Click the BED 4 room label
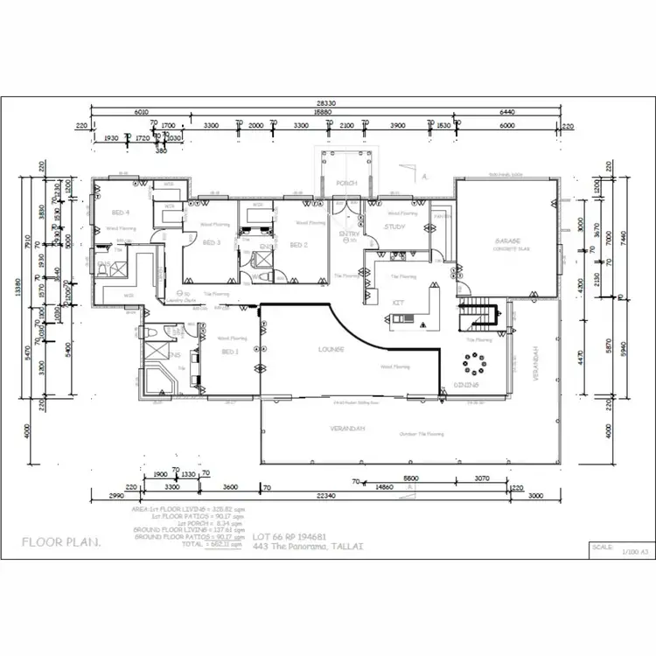tap(121, 213)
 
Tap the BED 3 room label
tap(213, 242)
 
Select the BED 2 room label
tap(298, 245)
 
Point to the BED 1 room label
tap(230, 352)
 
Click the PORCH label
tap(346, 183)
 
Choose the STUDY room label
tap(394, 227)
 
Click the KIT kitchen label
tap(398, 302)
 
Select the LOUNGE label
tap(331, 349)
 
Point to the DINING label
tap(464, 385)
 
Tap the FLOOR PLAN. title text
tap(61, 542)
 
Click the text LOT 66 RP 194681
tap(290, 536)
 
